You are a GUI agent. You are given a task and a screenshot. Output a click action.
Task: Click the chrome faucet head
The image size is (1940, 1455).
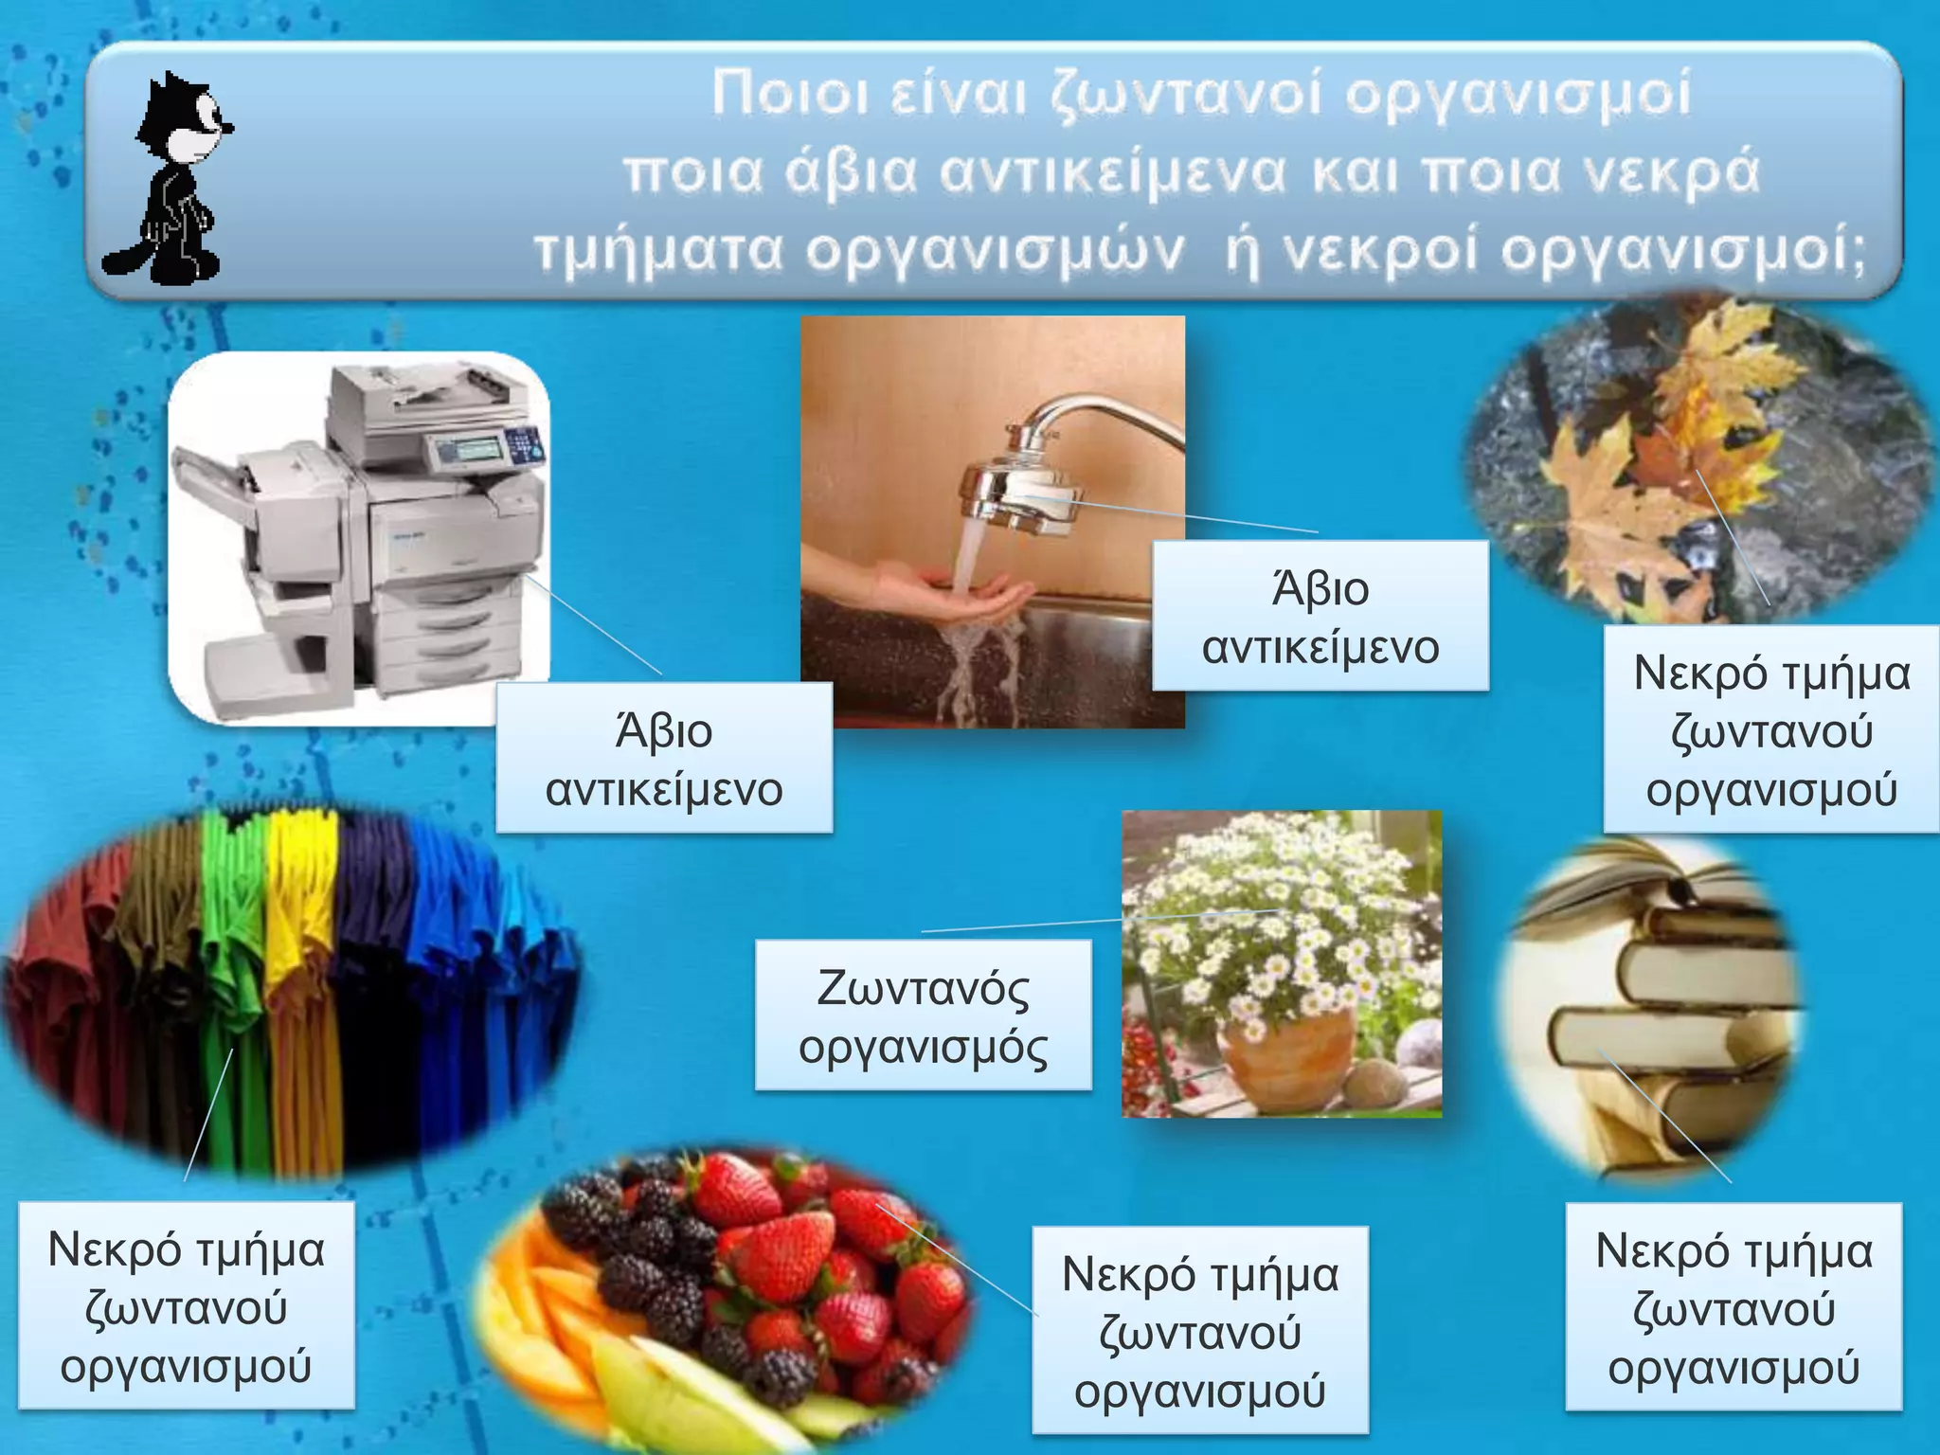click(x=1023, y=493)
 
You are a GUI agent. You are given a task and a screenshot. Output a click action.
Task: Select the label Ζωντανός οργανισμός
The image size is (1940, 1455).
click(x=923, y=1015)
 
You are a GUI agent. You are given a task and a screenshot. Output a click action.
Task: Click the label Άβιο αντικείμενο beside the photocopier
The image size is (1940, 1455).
click(x=664, y=759)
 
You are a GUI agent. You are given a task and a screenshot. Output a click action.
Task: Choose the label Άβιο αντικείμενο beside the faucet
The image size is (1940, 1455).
click(x=1320, y=617)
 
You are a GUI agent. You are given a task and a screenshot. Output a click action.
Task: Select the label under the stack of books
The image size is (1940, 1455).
click(x=1733, y=1307)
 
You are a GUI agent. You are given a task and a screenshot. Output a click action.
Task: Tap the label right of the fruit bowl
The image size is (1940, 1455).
click(x=1199, y=1331)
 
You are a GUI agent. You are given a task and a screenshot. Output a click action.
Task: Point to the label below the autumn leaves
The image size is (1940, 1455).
click(x=1771, y=729)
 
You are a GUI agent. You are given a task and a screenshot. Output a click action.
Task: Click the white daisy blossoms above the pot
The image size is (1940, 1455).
click(x=1279, y=909)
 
